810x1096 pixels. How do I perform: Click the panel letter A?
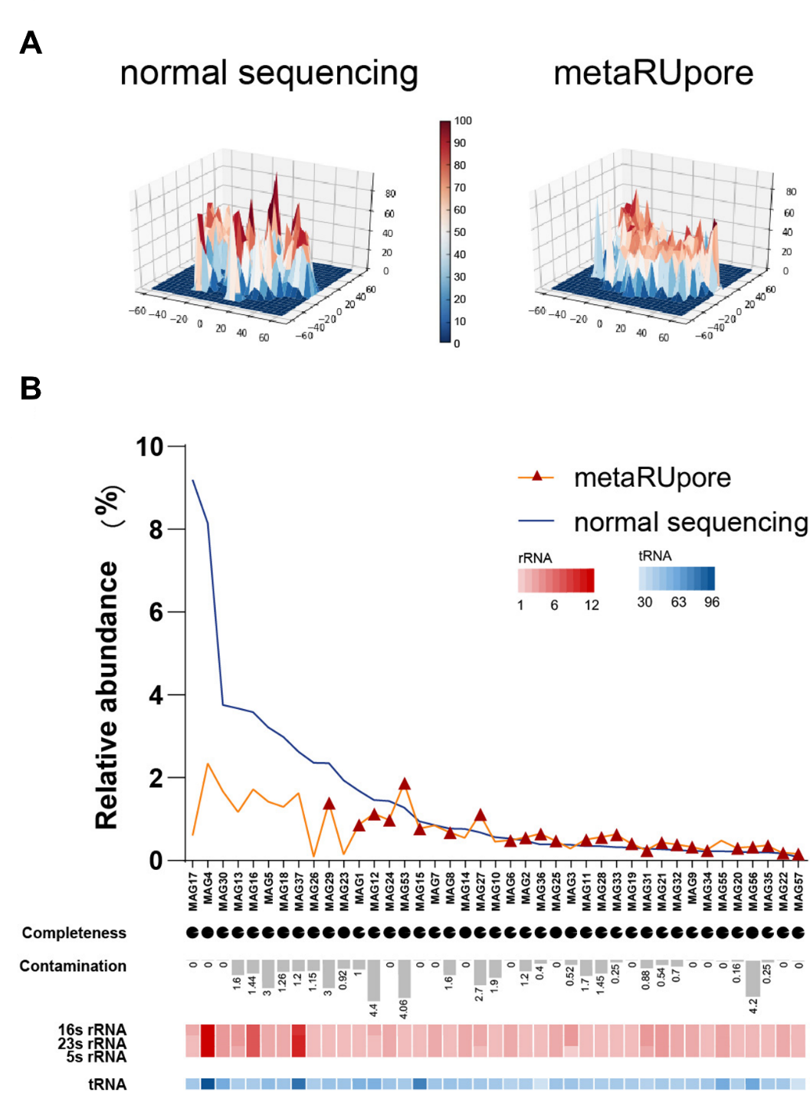[31, 43]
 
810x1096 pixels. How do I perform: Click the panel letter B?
[31, 389]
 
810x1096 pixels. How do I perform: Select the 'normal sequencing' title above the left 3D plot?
[269, 74]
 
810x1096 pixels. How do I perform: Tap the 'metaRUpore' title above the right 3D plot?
[653, 74]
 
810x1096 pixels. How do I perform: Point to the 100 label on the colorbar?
[463, 121]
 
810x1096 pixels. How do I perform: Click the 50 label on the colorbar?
[460, 232]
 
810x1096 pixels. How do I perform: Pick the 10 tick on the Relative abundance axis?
[150, 447]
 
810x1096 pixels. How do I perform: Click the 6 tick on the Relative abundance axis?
[156, 612]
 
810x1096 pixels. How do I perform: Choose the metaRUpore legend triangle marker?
[537, 477]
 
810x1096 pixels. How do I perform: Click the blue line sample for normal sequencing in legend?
[536, 521]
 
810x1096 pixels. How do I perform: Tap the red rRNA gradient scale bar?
[556, 580]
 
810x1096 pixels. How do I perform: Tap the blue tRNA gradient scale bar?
[677, 579]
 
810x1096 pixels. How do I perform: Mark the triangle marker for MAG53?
[405, 784]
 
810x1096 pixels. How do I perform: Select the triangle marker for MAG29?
[330, 803]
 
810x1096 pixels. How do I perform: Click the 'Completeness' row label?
[74, 933]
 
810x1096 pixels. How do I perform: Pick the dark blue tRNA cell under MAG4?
[208, 1084]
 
